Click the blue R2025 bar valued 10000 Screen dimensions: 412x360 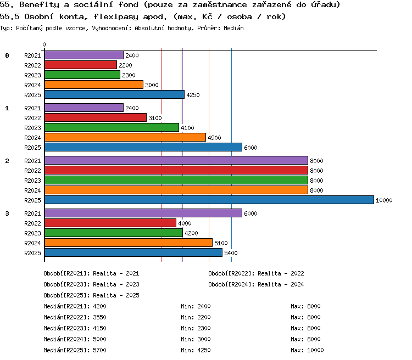(x=209, y=200)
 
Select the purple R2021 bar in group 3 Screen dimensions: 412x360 (x=143, y=213)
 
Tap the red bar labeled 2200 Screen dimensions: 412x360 (x=81, y=65)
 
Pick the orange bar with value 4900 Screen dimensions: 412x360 (x=125, y=137)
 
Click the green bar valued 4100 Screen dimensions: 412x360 (x=112, y=127)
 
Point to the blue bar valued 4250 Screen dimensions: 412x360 (x=115, y=94)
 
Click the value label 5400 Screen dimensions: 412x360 (x=231, y=253)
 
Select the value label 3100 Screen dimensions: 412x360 (x=155, y=118)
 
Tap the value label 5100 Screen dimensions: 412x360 (x=221, y=243)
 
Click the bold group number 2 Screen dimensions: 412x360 (x=7, y=161)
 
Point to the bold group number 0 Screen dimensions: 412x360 (x=7, y=55)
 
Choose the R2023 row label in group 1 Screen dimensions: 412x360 (x=32, y=128)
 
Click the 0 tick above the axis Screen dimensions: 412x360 (x=44, y=44)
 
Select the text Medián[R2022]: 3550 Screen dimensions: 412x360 (x=75, y=317)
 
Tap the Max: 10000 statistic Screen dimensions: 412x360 (x=307, y=350)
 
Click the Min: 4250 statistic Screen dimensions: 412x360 (x=196, y=350)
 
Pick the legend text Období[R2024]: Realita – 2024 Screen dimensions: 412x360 (x=256, y=284)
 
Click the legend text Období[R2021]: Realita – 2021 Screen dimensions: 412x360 (x=91, y=273)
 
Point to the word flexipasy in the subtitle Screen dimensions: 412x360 (x=116, y=17)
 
